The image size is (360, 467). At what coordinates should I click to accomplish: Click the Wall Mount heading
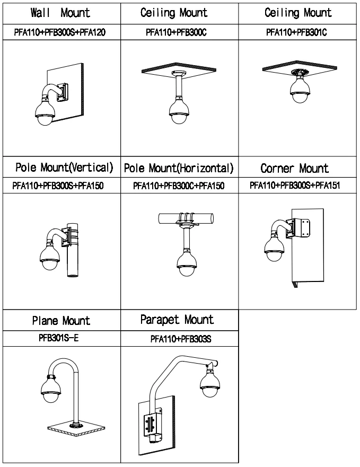[60, 12]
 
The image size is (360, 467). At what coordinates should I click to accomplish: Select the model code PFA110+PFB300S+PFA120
[60, 32]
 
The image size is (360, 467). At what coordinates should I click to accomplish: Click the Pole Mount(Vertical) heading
[63, 168]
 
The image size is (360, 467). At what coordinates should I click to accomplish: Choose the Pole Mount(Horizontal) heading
[179, 169]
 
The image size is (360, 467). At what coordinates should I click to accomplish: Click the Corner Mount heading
[294, 169]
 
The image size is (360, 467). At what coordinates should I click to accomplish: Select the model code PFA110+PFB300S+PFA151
[294, 185]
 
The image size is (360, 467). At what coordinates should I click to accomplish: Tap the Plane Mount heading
[61, 321]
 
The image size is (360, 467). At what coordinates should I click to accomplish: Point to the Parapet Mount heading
[177, 320]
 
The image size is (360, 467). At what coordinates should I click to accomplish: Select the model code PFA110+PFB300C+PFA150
[179, 185]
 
